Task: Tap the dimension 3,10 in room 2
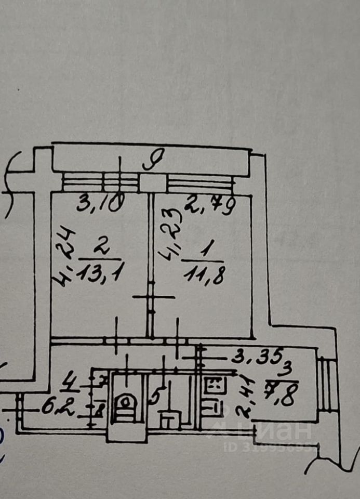(99, 203)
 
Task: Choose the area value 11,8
(204, 274)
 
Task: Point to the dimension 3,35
(257, 357)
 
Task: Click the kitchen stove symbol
(215, 385)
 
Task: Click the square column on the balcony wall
(153, 183)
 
